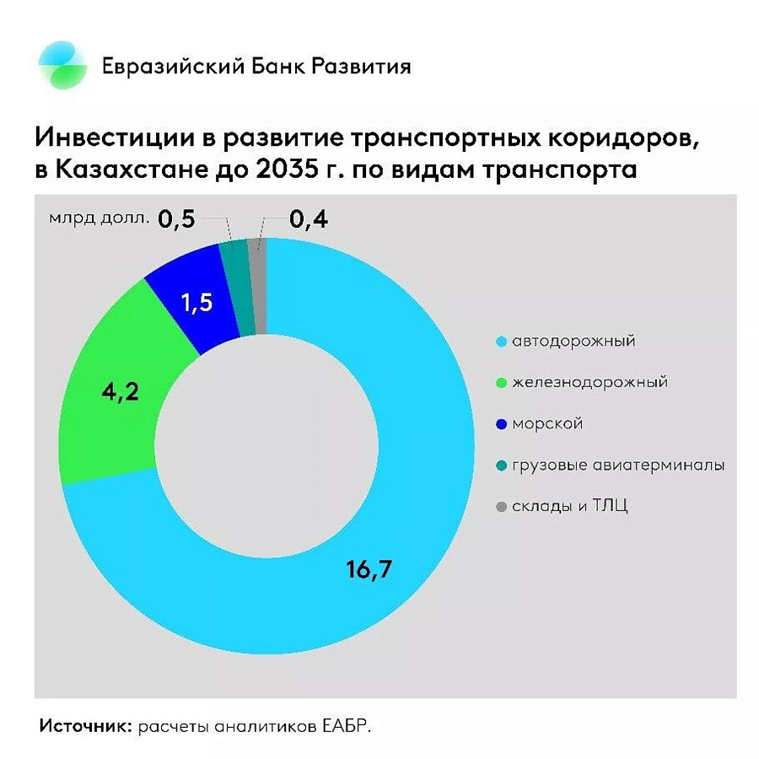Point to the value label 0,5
177,220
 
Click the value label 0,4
309,220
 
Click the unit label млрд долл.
100,219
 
